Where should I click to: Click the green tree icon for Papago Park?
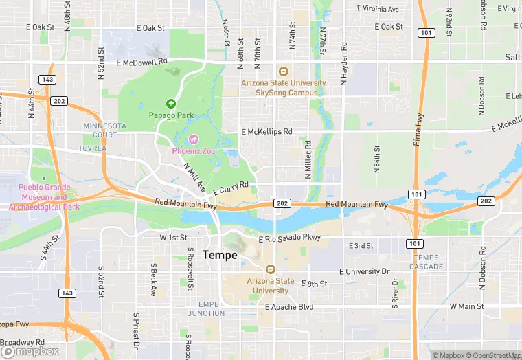pos(171,104)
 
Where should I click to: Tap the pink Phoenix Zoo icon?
pos(193,139)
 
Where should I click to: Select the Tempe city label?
pos(220,255)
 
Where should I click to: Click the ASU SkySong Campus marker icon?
pos(283,71)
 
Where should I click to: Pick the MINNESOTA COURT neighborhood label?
pos(105,131)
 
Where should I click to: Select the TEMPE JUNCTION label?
pos(209,308)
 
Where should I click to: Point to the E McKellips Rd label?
pos(266,131)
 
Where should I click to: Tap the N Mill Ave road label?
pos(195,177)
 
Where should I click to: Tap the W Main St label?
pos(467,306)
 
